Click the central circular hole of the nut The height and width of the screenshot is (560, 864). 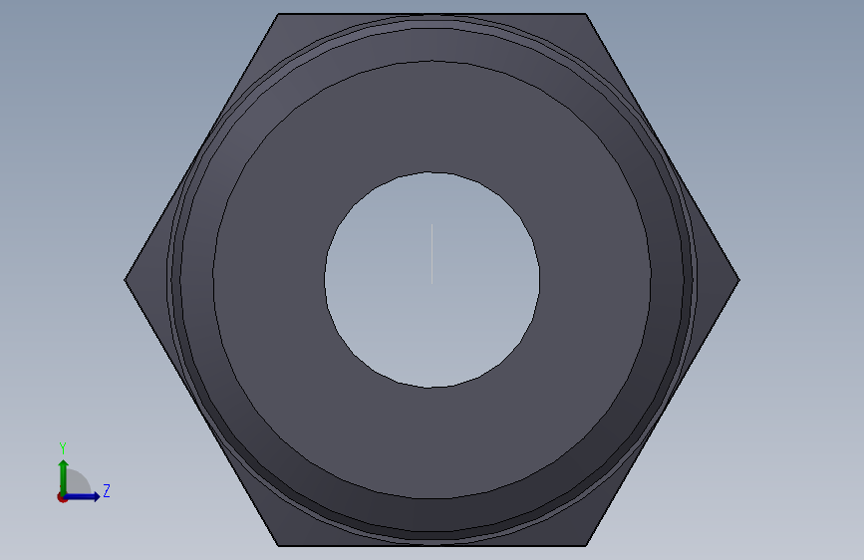pyautogui.click(x=432, y=280)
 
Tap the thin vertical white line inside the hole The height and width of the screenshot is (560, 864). pyautogui.click(x=432, y=254)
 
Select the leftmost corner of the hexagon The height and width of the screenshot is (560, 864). pyautogui.click(x=126, y=280)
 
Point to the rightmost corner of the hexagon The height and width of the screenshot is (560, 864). pyautogui.click(x=739, y=280)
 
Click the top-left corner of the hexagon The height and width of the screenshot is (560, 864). pyautogui.click(x=278, y=14)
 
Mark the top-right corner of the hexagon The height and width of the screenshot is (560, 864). pyautogui.click(x=586, y=14)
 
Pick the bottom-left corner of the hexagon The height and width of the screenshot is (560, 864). pyautogui.click(x=278, y=546)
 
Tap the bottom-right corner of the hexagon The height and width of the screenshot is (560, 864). pyautogui.click(x=586, y=546)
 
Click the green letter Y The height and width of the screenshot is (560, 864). pyautogui.click(x=63, y=448)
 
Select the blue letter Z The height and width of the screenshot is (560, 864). pyautogui.click(x=107, y=490)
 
